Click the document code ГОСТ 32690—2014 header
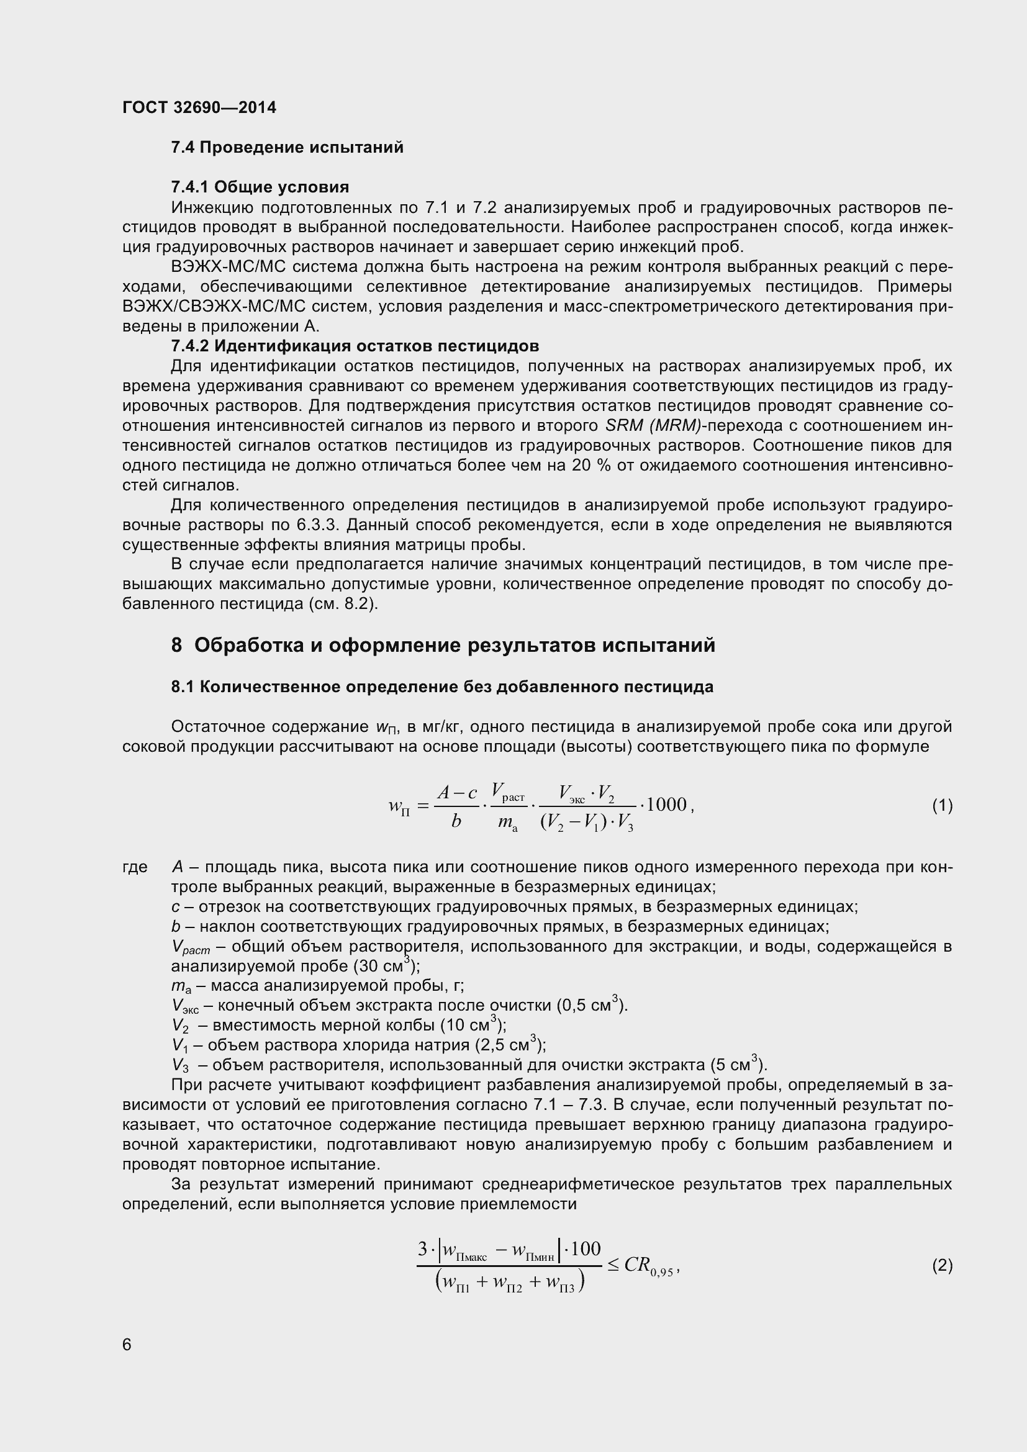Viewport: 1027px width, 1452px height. [199, 107]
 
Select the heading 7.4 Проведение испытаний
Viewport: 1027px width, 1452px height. [287, 148]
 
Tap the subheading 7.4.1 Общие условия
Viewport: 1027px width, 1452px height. [260, 187]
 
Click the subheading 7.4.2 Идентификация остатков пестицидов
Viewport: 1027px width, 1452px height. [355, 346]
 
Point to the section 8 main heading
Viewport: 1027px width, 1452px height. [443, 645]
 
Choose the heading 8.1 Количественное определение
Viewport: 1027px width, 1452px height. [442, 687]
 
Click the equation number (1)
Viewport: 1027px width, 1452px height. [942, 806]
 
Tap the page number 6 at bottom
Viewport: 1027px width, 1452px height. [127, 1345]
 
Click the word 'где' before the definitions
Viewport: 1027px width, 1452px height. [135, 867]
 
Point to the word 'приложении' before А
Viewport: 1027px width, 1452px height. [246, 327]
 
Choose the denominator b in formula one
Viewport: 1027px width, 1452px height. [456, 821]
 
